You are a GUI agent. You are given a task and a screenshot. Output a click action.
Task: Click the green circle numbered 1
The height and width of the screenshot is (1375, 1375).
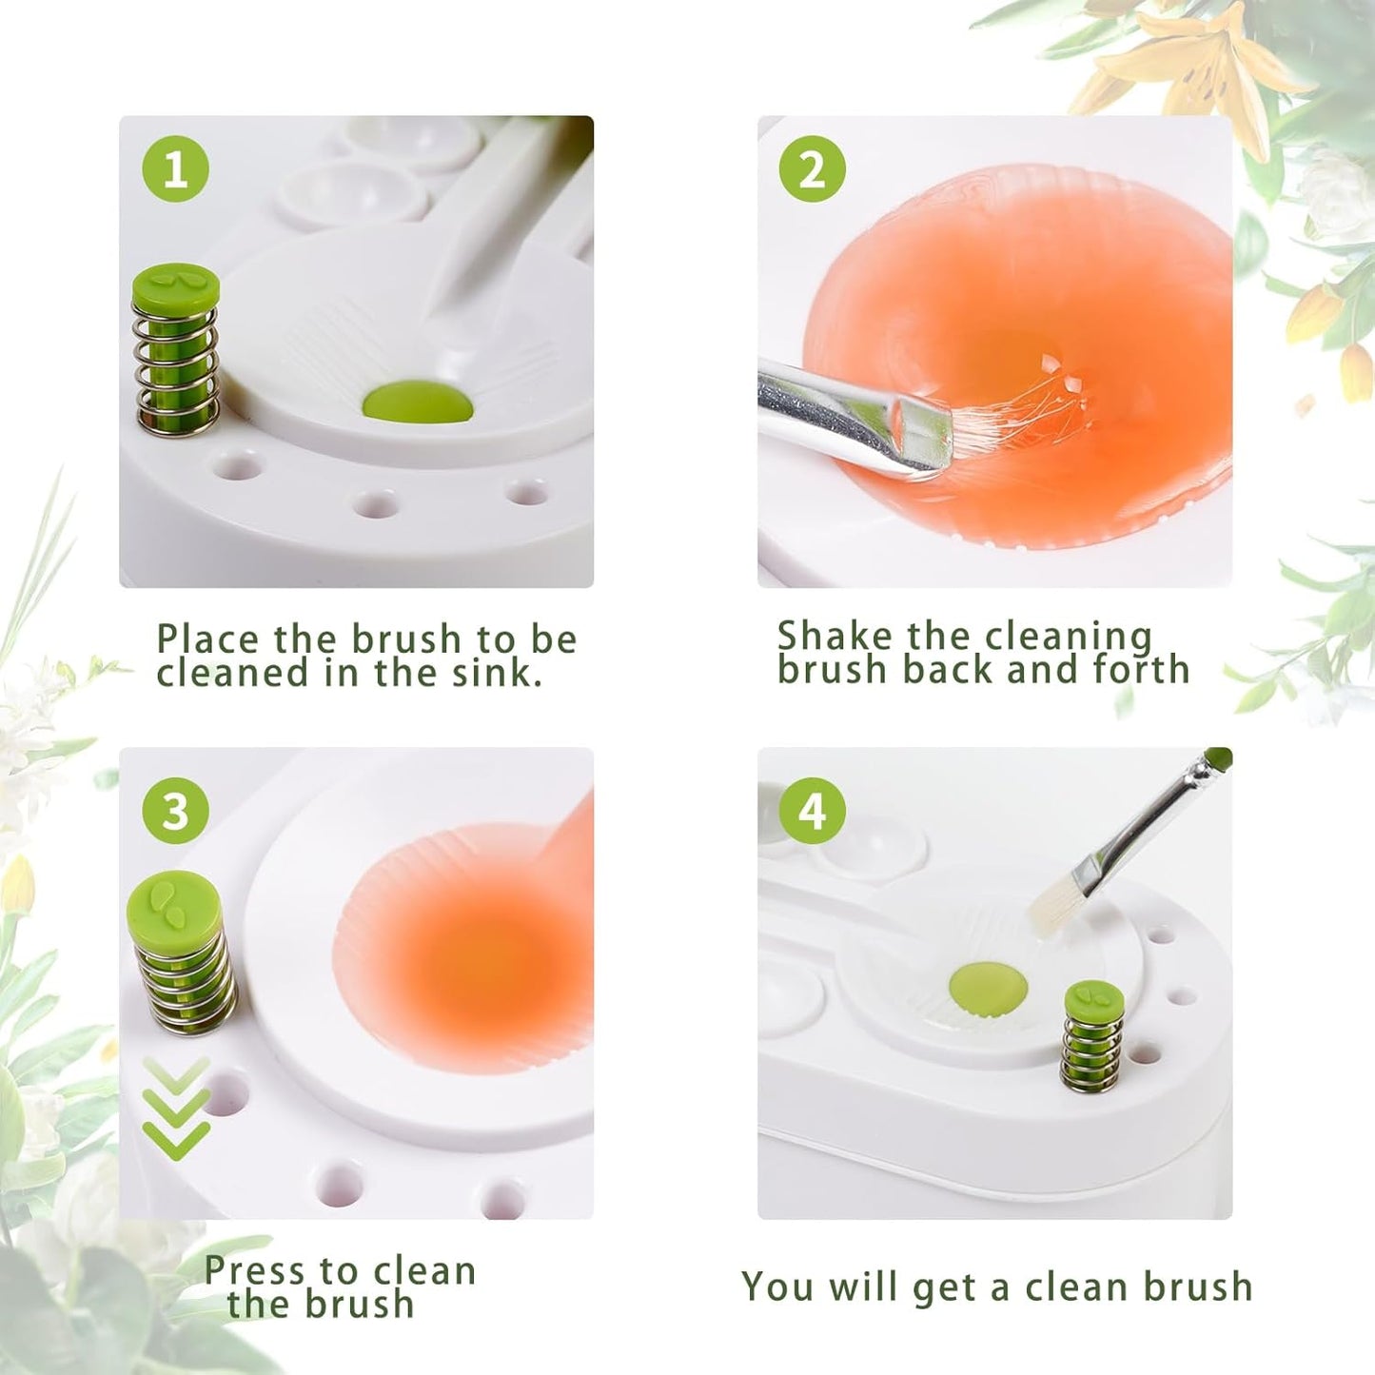(175, 169)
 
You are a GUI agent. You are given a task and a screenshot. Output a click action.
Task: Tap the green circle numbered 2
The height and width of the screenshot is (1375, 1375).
(812, 169)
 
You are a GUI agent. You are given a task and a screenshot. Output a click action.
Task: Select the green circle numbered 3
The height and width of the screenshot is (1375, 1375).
(175, 811)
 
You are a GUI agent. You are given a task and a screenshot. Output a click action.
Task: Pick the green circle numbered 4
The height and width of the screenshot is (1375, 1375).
(812, 811)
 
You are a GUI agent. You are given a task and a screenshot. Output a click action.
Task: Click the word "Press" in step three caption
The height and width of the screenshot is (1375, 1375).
(255, 1270)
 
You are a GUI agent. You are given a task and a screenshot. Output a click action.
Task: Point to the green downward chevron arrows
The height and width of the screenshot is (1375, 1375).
(176, 1109)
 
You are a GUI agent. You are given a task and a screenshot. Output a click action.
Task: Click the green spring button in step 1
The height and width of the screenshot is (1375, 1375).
(176, 347)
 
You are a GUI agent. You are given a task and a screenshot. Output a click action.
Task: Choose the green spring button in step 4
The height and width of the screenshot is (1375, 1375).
(1093, 1037)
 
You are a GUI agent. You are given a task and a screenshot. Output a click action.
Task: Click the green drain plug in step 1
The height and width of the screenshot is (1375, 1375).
(418, 403)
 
